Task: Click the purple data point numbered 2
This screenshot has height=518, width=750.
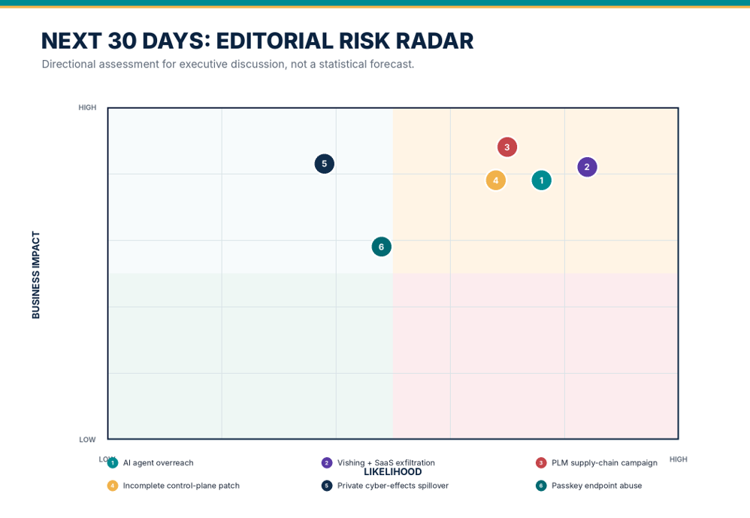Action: [x=587, y=167]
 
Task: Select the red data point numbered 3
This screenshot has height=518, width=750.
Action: [x=507, y=147]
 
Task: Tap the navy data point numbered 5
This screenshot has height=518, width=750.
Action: [x=325, y=164]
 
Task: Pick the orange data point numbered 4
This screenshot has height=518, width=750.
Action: [x=495, y=180]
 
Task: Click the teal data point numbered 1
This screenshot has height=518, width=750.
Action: [x=541, y=180]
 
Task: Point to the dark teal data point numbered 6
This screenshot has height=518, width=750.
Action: [x=381, y=247]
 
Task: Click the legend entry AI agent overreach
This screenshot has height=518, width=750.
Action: [x=150, y=462]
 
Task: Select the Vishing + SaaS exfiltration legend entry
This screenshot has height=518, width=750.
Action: [x=378, y=462]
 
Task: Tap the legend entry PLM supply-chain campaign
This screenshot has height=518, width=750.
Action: [x=597, y=462]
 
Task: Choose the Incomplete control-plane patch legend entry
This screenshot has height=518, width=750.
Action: [x=174, y=486]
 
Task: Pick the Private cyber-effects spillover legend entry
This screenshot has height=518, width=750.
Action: [x=385, y=486]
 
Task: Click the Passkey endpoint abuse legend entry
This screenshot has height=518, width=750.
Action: [x=589, y=486]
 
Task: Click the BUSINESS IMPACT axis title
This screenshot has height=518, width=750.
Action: [x=36, y=275]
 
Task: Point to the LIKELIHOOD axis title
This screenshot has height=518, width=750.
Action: [x=393, y=471]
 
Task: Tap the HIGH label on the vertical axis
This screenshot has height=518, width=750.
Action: [x=87, y=108]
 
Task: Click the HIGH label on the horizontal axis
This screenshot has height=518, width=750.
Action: [x=679, y=459]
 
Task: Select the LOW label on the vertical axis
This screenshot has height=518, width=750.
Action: [x=87, y=440]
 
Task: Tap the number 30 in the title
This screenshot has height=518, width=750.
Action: [x=122, y=41]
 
